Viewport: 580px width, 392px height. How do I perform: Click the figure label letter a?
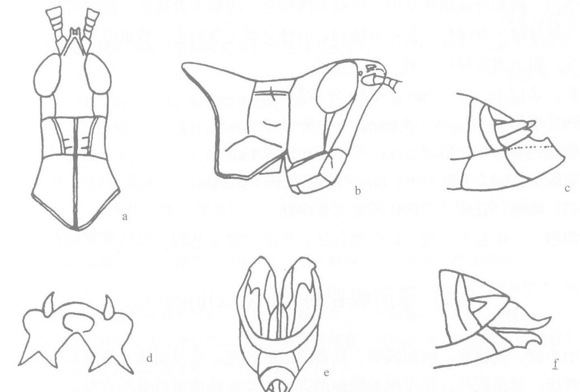tap(125, 217)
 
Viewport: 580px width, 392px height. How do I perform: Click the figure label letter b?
tap(358, 191)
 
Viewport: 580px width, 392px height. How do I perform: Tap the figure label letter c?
tap(567, 189)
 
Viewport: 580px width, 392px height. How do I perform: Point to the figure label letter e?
tap(326, 373)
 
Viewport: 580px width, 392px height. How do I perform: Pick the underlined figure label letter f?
tap(555, 364)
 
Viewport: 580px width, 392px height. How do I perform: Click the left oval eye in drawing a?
tap(47, 76)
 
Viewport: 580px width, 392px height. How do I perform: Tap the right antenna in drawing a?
tap(89, 25)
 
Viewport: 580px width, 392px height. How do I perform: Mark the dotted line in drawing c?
tap(531, 147)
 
